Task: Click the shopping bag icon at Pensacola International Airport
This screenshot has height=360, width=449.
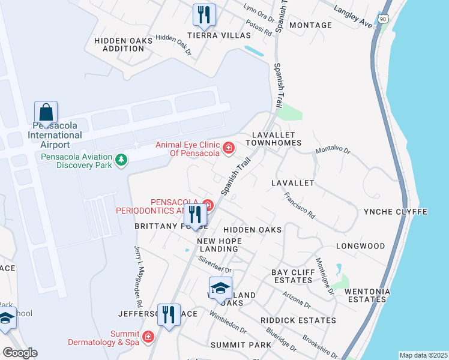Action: pyautogui.click(x=46, y=112)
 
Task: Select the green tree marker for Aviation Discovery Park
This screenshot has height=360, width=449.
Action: pyautogui.click(x=122, y=160)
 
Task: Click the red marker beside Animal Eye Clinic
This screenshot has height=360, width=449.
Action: pyautogui.click(x=229, y=148)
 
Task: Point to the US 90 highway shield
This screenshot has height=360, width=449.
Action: pyautogui.click(x=383, y=19)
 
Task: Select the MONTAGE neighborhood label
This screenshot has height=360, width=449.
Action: pyautogui.click(x=310, y=25)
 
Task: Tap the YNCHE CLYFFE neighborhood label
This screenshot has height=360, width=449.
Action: pyautogui.click(x=396, y=212)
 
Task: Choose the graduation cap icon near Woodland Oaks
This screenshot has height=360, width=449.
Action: pyautogui.click(x=220, y=289)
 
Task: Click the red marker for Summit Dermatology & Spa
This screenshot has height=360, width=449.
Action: pyautogui.click(x=148, y=338)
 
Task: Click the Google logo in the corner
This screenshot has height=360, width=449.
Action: pyautogui.click(x=20, y=353)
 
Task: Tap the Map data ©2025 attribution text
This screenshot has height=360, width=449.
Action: pyautogui.click(x=423, y=355)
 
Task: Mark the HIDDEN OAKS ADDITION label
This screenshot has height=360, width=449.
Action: pyautogui.click(x=124, y=44)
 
